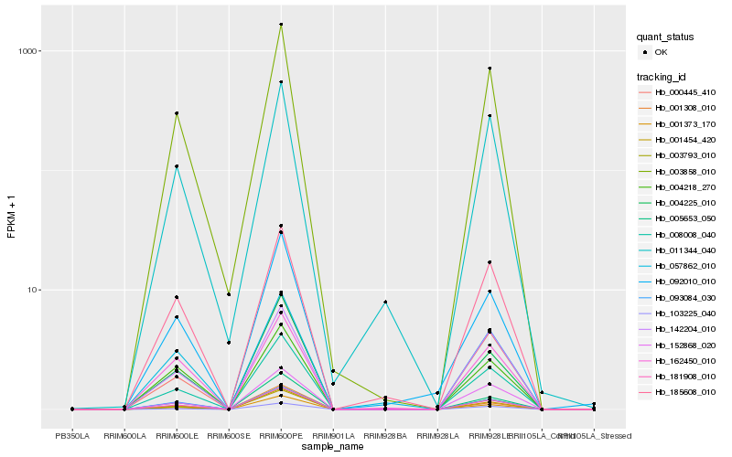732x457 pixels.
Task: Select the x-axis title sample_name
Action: tap(333, 446)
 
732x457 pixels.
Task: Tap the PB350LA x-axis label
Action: tap(72, 435)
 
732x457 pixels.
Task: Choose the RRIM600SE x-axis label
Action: tap(229, 435)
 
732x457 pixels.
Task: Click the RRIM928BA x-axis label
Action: tap(385, 435)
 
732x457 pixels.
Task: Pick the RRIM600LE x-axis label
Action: tap(177, 435)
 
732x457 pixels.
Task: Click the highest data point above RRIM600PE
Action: tap(281, 25)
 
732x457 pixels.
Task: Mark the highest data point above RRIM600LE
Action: tap(177, 113)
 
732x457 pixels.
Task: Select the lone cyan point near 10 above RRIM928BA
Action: tap(385, 302)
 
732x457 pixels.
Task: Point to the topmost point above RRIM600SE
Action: tap(229, 294)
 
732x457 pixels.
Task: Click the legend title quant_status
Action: tap(665, 37)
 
